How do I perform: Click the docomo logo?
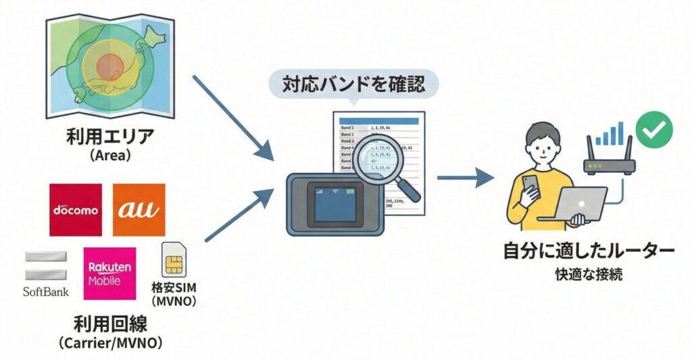point(76,209)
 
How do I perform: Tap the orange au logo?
point(139,209)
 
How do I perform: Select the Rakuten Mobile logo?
point(109,273)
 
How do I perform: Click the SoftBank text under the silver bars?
point(46,292)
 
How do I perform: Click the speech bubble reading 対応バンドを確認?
point(353,86)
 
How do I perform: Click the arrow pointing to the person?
point(466,178)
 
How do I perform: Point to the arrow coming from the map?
point(233,118)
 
